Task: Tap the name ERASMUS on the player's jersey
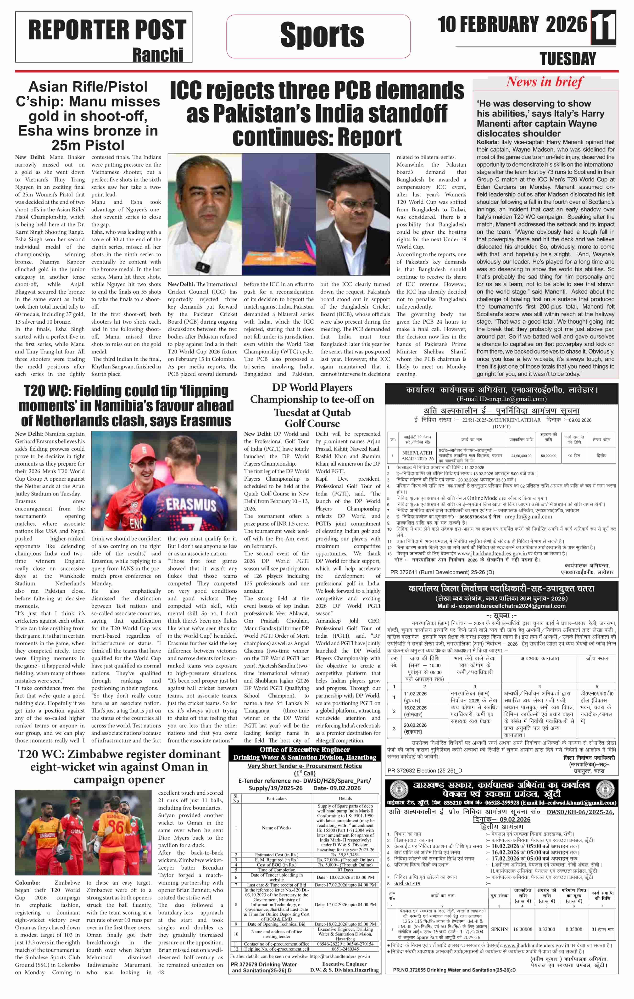[x=191, y=505]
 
